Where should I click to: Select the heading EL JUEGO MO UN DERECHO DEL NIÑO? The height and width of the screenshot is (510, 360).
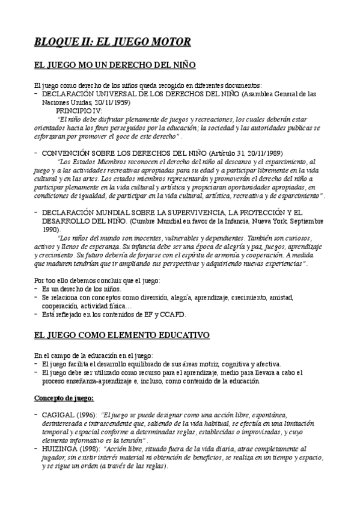click(114, 65)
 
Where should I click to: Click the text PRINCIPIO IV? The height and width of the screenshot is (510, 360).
click(79, 111)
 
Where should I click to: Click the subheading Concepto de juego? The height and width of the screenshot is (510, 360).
click(64, 398)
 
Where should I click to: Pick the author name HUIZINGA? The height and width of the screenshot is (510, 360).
click(59, 449)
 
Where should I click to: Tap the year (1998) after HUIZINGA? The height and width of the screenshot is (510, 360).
click(90, 449)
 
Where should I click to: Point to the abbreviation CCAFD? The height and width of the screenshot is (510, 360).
click(174, 314)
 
